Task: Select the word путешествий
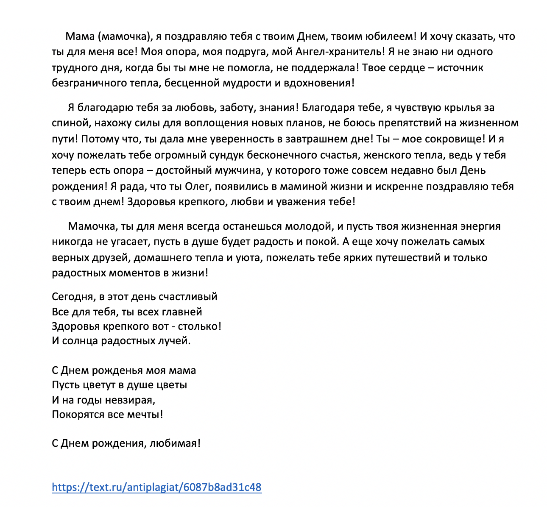pos(408,258)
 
